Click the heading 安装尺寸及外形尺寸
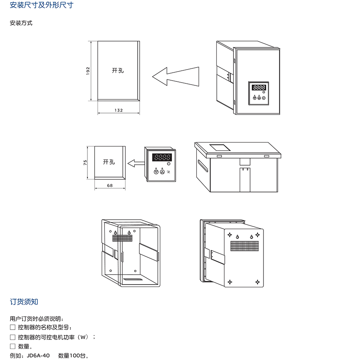click(x=42, y=6)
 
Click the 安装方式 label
click(x=21, y=23)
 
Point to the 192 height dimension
click(x=88, y=70)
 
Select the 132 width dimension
click(x=118, y=111)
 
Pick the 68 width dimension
click(x=110, y=185)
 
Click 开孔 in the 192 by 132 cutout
click(x=118, y=70)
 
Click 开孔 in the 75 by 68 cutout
click(x=109, y=162)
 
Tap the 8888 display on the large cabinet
click(x=259, y=87)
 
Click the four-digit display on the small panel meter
click(x=163, y=157)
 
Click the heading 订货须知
click(x=24, y=302)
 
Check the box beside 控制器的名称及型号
click(x=13, y=327)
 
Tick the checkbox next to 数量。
click(x=13, y=347)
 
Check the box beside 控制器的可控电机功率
click(x=13, y=337)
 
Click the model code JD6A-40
click(x=38, y=356)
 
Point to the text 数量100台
click(x=74, y=356)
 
